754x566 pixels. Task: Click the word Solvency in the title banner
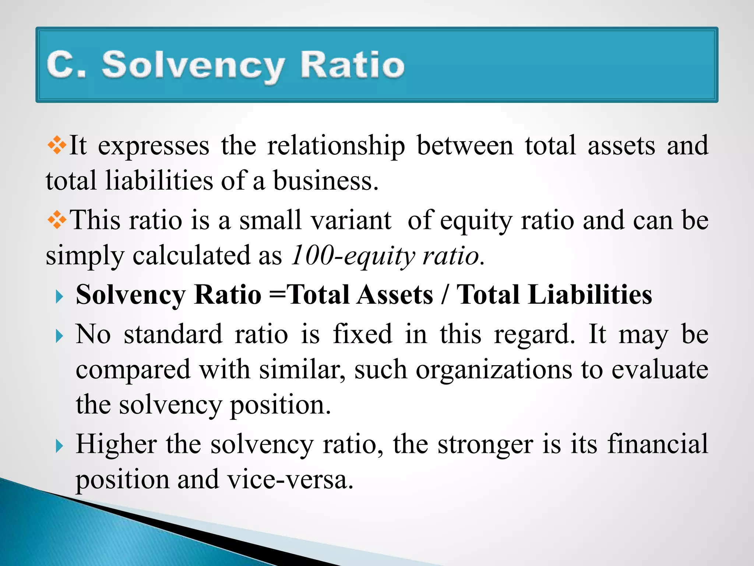coord(193,65)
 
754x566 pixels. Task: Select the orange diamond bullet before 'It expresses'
coord(57,145)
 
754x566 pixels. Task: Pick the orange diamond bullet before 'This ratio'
coord(57,220)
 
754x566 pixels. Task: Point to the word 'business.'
coord(325,181)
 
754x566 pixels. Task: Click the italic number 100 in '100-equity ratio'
coord(313,255)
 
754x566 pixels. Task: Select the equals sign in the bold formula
coord(278,295)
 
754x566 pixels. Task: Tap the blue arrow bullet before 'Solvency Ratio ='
coord(59,296)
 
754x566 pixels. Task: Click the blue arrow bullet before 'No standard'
coord(59,336)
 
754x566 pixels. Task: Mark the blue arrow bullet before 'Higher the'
coord(59,446)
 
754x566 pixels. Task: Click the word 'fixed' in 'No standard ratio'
coord(362,334)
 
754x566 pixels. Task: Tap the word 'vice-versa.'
coord(290,479)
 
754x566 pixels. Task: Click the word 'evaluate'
coord(660,370)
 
